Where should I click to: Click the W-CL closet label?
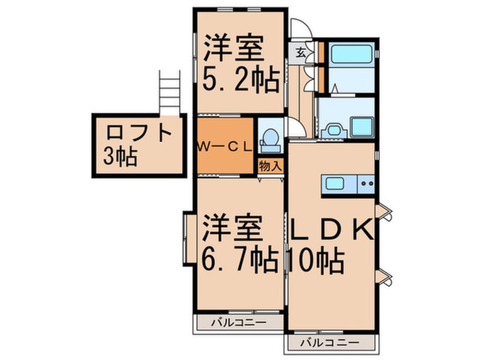[225, 147]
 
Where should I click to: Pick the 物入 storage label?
[271, 166]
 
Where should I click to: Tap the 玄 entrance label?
[300, 53]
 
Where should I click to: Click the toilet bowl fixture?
[271, 140]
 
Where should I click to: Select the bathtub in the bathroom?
[352, 54]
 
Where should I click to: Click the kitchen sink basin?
[335, 184]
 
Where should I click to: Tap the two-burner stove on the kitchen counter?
[366, 184]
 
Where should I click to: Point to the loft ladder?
[169, 93]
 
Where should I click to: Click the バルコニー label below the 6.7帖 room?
[239, 323]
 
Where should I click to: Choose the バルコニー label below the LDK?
[330, 342]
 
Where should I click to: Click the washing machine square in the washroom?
[362, 127]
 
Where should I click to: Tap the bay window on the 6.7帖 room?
[188, 239]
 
